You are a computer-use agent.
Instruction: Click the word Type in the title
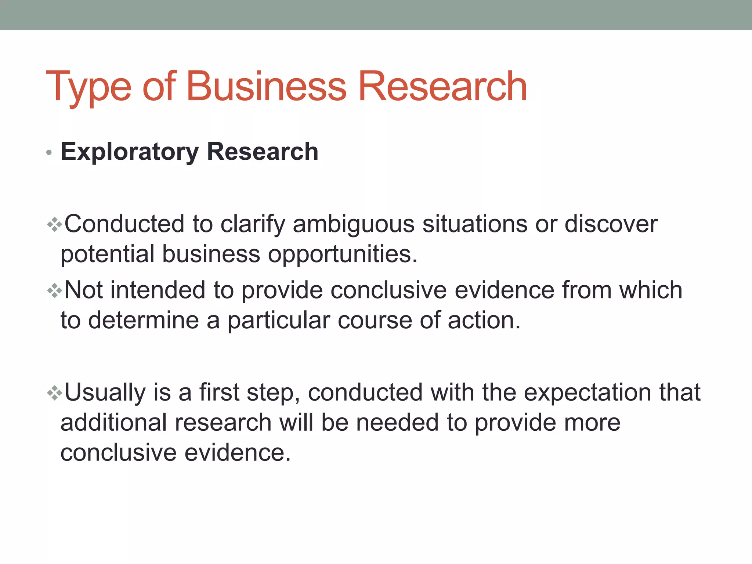pos(88,87)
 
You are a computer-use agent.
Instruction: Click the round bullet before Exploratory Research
pos(49,152)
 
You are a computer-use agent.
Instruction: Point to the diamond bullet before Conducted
pos(54,224)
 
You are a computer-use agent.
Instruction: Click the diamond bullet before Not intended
pos(54,291)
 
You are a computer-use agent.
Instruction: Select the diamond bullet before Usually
pos(54,393)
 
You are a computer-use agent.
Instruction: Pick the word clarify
pos(253,224)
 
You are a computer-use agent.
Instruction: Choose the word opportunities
pos(343,254)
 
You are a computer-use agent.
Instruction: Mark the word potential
pos(107,254)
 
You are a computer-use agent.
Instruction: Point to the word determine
pos(144,320)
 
